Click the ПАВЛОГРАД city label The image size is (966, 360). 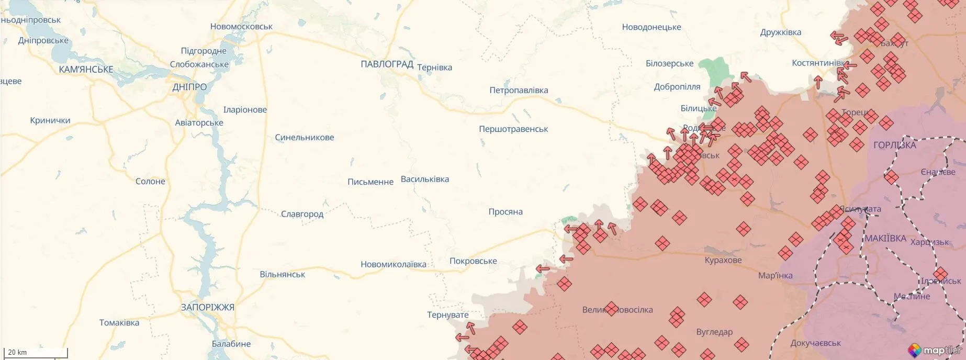387,64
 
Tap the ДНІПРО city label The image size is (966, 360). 189,87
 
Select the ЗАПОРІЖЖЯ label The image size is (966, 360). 207,307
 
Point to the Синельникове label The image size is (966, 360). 304,138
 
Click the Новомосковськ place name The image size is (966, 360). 241,27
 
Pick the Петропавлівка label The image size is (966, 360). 519,91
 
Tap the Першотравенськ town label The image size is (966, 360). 513,129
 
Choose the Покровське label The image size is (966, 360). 473,261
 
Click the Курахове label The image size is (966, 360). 723,260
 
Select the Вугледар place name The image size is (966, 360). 714,332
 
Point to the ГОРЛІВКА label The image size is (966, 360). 894,145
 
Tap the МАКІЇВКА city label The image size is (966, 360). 885,239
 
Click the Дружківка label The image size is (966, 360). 780,32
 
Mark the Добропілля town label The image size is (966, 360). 677,87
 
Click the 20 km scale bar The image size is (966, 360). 36,353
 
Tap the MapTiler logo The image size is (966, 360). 935,350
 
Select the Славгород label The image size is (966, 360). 302,214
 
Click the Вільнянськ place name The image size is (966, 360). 282,275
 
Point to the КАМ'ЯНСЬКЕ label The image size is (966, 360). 86,70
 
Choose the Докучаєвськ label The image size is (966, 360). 815,343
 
